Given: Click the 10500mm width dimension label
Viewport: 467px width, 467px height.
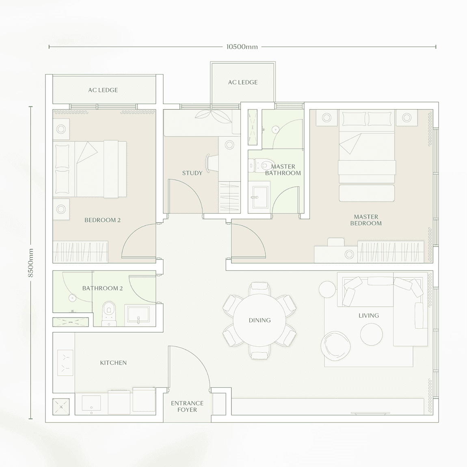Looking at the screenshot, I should [242, 47].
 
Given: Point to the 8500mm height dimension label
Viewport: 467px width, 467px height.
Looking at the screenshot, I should [31, 263].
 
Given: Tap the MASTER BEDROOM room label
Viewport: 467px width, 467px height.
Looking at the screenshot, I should [365, 220].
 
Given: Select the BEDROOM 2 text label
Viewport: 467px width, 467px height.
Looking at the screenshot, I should [102, 220].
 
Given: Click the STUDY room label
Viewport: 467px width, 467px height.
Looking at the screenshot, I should [192, 173].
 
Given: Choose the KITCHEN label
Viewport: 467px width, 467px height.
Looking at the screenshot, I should [113, 363].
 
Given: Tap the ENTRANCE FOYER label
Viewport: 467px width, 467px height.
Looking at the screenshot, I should [187, 406].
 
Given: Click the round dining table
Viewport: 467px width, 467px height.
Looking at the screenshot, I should [259, 320].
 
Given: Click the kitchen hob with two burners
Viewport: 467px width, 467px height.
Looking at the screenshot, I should [65, 363].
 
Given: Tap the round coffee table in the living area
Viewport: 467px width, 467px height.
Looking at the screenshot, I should [371, 334].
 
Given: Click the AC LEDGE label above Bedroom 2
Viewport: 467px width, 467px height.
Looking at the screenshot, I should [103, 90].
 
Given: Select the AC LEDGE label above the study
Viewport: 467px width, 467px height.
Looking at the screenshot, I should [243, 82].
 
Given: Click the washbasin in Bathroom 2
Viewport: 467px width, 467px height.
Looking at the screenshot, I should [138, 315].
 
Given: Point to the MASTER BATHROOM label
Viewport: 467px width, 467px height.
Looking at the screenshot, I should [283, 170].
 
